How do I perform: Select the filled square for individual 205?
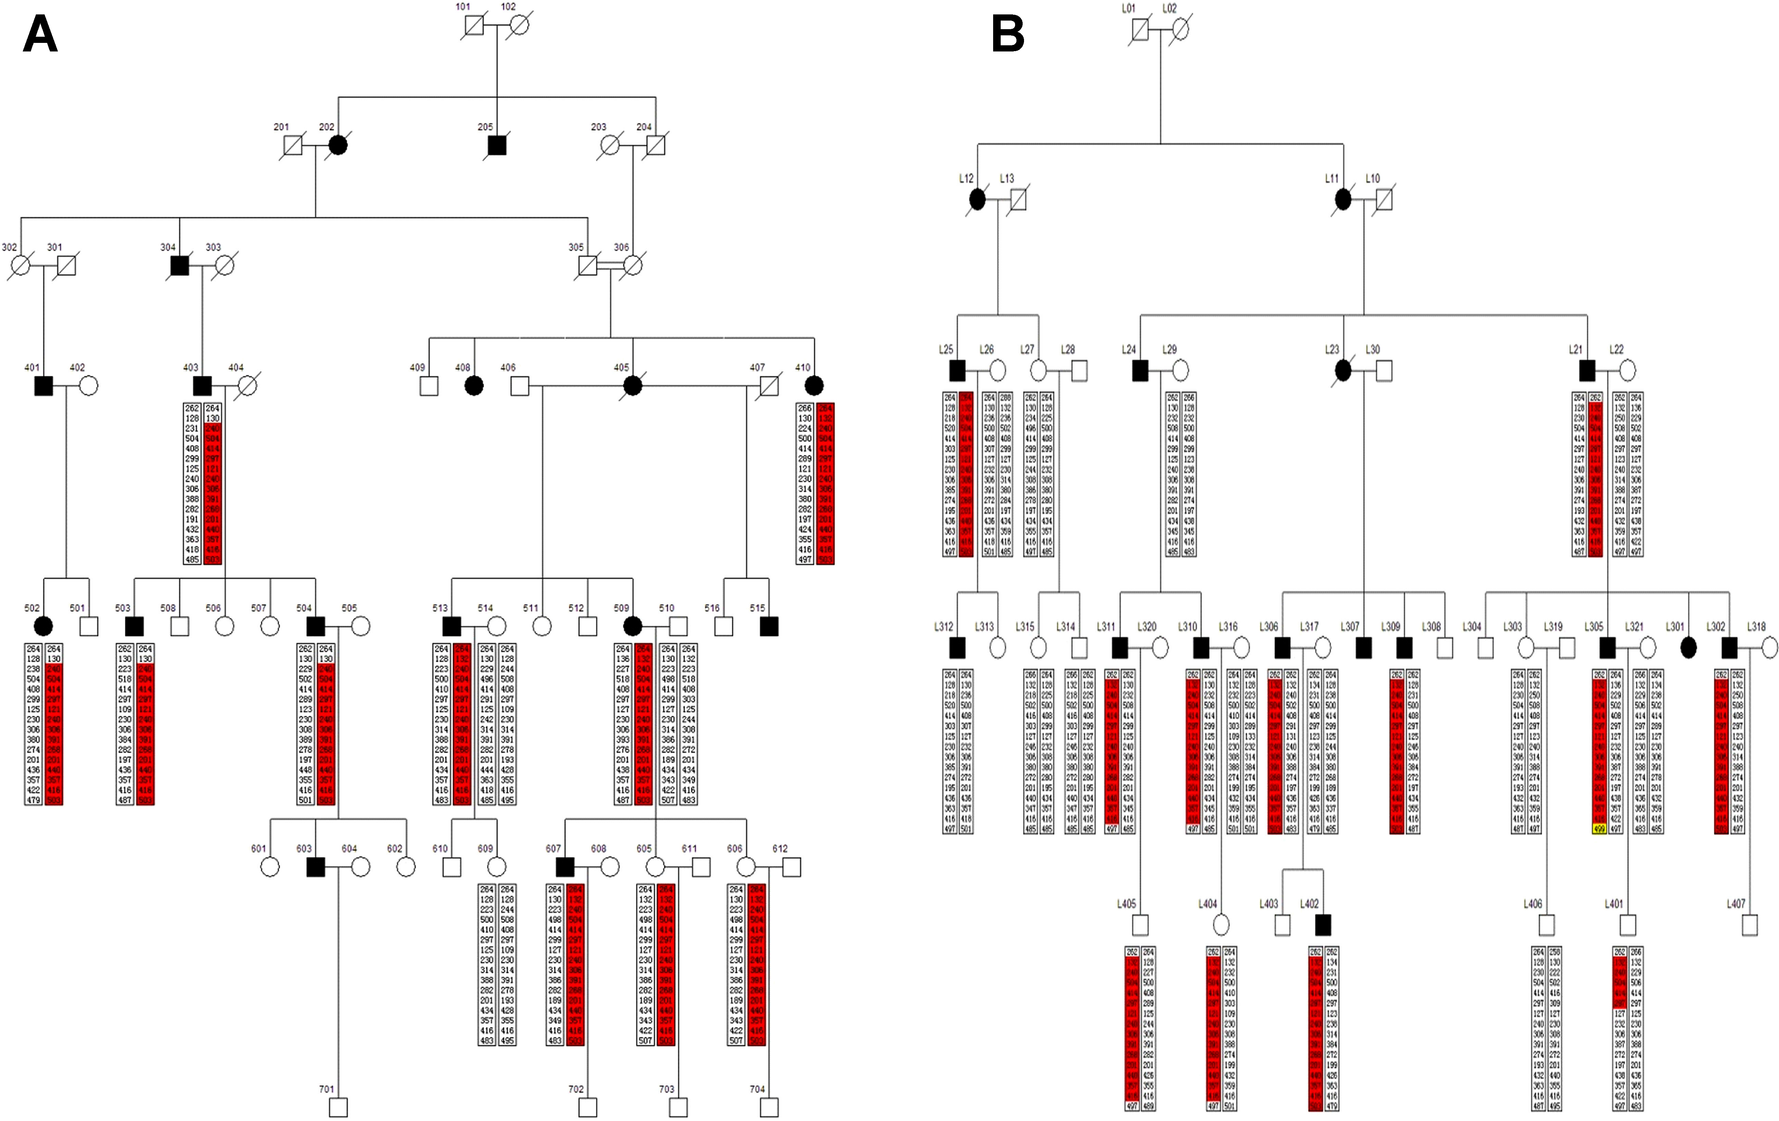click(x=497, y=145)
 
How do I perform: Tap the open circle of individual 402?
click(x=89, y=385)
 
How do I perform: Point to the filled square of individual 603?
click(x=315, y=867)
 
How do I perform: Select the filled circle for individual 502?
click(x=44, y=626)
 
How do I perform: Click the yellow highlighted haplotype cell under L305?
click(x=1599, y=829)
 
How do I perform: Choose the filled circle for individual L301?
click(x=1688, y=647)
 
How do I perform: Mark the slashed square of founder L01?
click(x=1140, y=30)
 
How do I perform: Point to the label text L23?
click(x=1331, y=349)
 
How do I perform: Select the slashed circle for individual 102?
click(x=519, y=26)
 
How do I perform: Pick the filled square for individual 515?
click(x=769, y=626)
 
